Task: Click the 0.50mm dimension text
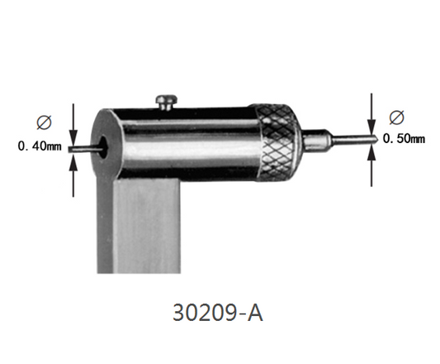tap(405, 139)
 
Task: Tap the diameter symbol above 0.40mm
tap(42, 122)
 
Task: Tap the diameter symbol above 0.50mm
tap(394, 116)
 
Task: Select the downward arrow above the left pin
tap(74, 124)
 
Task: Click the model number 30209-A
tap(219, 314)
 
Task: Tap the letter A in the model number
tap(256, 314)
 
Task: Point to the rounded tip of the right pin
tap(376, 139)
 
